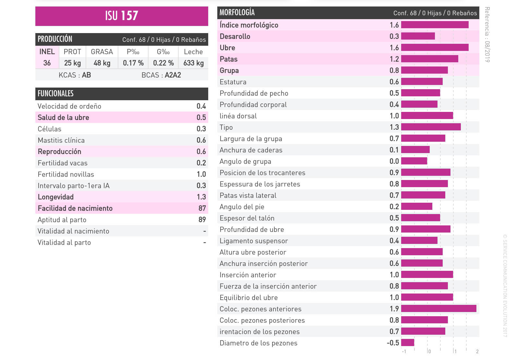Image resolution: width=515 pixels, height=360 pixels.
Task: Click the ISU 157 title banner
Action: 122,16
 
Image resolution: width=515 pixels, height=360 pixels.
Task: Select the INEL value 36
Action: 47,63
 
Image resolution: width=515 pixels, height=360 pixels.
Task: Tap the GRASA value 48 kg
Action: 102,63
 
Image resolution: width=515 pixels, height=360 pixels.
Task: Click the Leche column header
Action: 193,52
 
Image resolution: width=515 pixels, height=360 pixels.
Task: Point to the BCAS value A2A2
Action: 173,75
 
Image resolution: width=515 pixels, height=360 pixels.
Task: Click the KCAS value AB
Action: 86,75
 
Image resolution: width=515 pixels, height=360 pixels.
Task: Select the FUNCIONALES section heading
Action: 56,94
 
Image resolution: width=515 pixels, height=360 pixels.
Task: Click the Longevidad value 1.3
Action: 201,197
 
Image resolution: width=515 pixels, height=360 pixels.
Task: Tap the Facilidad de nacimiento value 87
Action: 202,208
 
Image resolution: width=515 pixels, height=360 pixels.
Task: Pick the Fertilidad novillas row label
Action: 66,174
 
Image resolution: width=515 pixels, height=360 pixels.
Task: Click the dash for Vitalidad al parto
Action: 205,243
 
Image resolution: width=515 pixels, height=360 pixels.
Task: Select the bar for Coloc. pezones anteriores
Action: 438,309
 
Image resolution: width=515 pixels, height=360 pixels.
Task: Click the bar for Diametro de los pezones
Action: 408,343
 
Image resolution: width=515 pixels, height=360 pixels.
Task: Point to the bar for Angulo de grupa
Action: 414,161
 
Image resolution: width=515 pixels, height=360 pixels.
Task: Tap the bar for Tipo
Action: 431,127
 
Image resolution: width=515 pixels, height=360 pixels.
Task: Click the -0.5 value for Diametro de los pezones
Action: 393,343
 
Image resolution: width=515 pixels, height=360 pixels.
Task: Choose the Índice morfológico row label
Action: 249,25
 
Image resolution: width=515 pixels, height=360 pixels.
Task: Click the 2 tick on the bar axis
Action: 477,352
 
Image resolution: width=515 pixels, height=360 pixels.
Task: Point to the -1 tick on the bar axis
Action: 404,352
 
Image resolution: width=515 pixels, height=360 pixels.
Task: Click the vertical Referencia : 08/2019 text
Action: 487,35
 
